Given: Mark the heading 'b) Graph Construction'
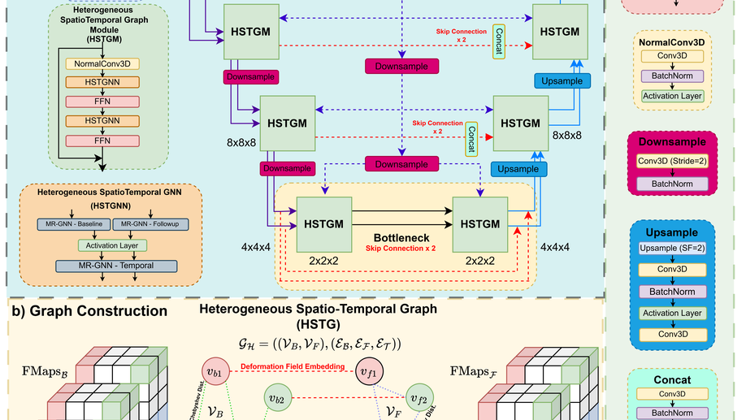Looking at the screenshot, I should [89, 311].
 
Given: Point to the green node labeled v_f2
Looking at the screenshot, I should [419, 399].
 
